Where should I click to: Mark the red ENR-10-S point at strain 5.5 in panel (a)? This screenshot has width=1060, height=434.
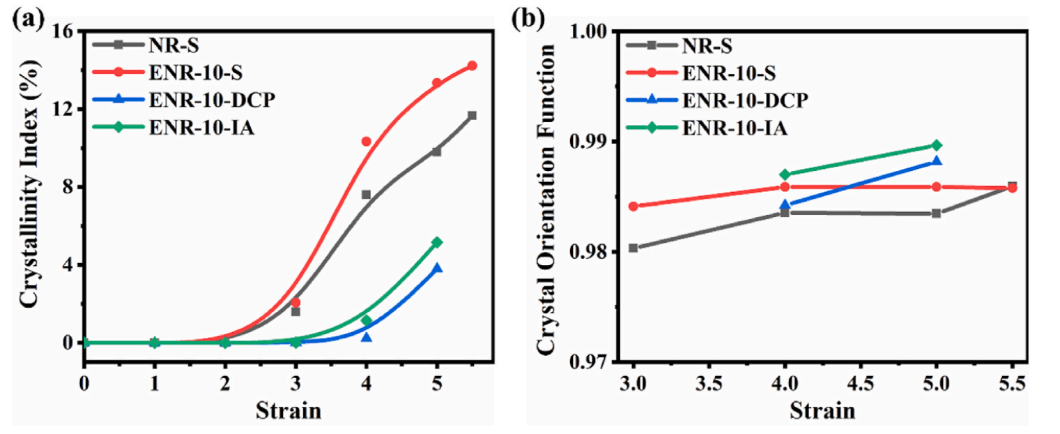[x=472, y=66]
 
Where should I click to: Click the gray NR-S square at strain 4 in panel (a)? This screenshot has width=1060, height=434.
[x=366, y=195]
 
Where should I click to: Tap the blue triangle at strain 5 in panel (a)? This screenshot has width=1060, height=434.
[x=437, y=268]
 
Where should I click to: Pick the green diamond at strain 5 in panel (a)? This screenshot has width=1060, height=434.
[x=437, y=242]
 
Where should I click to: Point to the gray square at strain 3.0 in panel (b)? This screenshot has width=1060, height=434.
[x=633, y=248]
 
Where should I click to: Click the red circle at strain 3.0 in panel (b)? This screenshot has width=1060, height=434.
[x=633, y=206]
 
